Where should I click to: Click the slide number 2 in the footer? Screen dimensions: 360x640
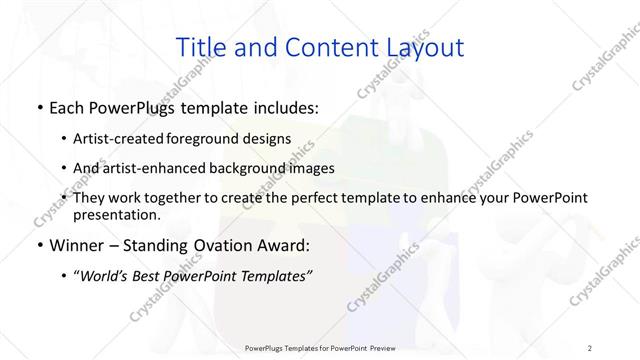pos(590,347)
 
